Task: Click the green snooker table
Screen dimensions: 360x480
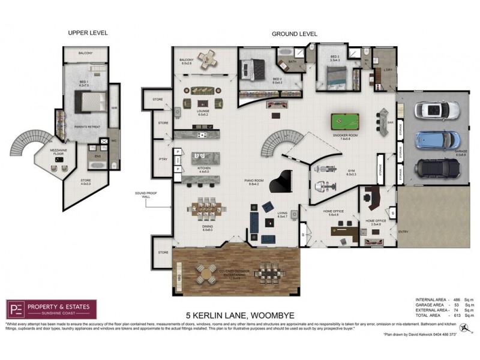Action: point(344,122)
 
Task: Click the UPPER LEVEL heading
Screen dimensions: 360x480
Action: point(88,32)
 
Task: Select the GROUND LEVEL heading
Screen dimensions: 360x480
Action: point(294,34)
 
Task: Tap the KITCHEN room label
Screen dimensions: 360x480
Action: point(203,170)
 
